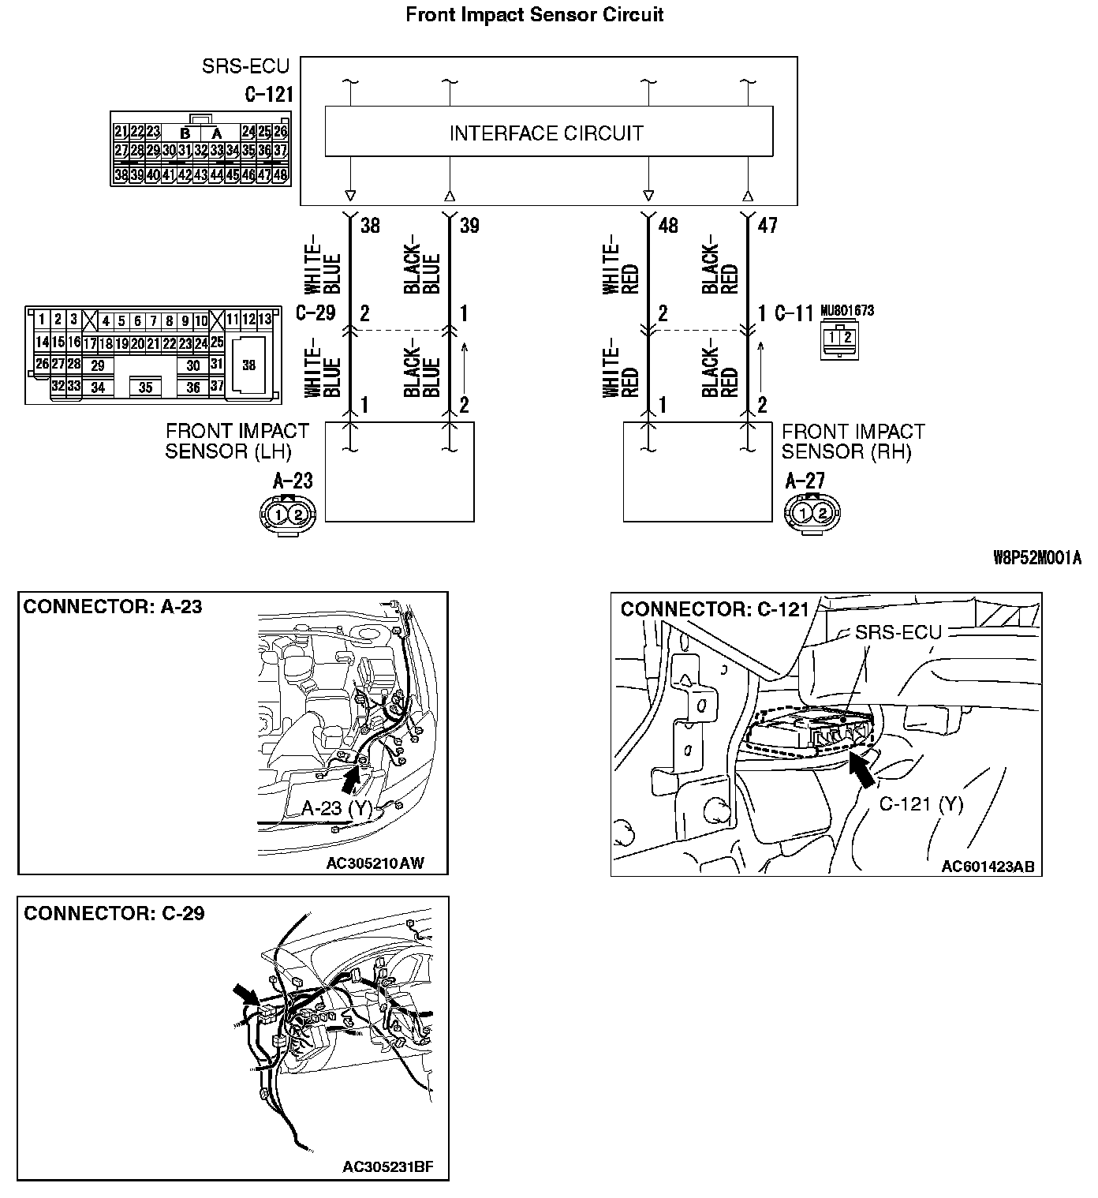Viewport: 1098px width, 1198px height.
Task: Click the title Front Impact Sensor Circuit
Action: coord(534,14)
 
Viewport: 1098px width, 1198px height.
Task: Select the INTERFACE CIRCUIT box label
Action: coord(547,133)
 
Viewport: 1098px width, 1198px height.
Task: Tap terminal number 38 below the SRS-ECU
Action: coord(370,226)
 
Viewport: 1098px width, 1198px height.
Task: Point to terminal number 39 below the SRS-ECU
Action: coord(469,226)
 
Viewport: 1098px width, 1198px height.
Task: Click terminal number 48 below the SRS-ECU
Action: coord(667,226)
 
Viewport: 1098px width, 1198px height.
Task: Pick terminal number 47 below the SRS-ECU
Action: coord(767,226)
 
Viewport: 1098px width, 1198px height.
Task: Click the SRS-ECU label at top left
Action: coord(245,66)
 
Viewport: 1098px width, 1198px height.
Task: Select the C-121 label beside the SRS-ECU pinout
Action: coord(268,95)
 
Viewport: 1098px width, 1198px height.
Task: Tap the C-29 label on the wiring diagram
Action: coord(316,313)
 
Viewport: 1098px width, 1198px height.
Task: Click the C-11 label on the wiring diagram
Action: coord(793,313)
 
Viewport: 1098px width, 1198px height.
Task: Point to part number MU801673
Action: coord(847,311)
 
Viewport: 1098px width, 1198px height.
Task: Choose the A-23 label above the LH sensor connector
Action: coord(293,481)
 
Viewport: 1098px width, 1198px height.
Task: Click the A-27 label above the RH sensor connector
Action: coord(805,481)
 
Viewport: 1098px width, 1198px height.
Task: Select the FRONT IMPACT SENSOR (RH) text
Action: coord(852,441)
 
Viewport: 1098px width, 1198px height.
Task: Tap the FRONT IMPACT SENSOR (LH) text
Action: coord(237,441)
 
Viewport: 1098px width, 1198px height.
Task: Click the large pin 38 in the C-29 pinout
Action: coord(248,365)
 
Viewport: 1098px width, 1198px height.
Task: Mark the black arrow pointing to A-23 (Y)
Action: coord(350,777)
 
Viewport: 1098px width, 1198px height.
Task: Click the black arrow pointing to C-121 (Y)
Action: coord(864,769)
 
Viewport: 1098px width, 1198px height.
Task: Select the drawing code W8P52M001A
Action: coord(1036,559)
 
